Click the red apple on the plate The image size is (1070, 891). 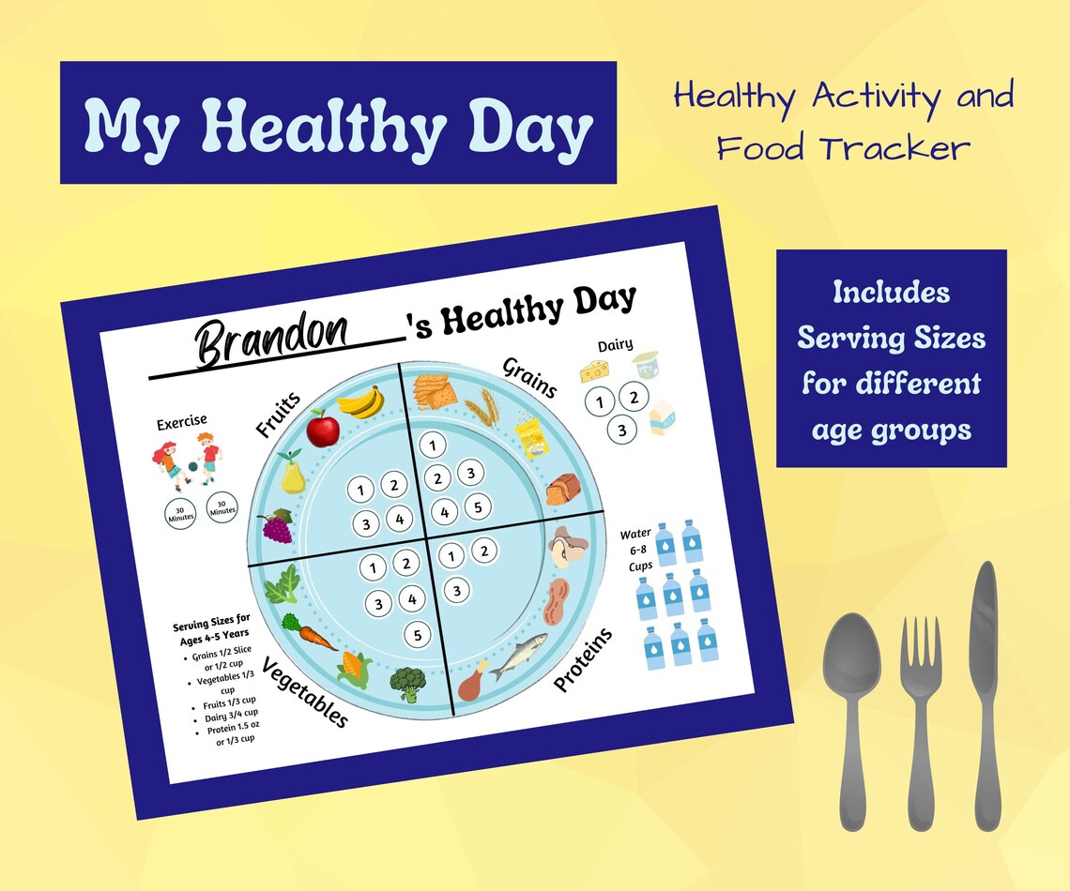coord(323,430)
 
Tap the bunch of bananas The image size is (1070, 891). coord(361,401)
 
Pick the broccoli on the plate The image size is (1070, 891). coord(407,682)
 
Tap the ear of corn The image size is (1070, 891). coord(355,670)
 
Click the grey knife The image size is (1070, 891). coord(985,694)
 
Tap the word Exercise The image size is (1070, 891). coord(182,423)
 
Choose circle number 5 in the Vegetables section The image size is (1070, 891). coord(417,634)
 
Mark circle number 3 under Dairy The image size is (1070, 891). coord(619,430)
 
